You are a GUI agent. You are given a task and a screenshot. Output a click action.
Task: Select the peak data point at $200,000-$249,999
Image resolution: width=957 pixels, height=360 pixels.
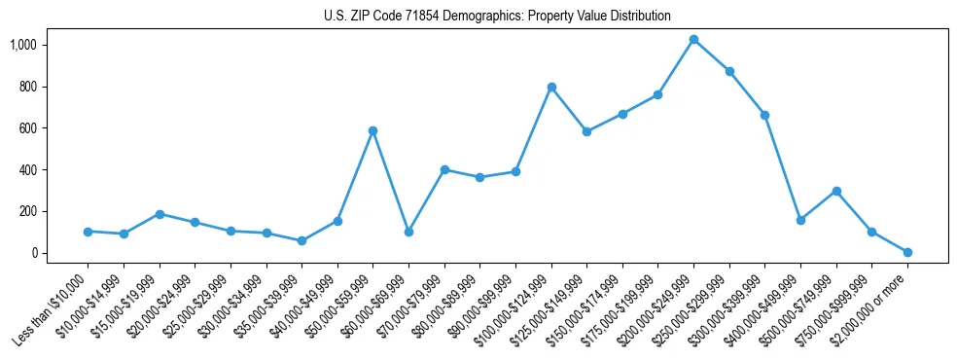693,40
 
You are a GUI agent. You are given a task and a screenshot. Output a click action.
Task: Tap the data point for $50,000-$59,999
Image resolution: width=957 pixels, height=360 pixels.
372,130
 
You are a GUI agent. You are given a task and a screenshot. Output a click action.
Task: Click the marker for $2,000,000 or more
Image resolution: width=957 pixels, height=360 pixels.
907,252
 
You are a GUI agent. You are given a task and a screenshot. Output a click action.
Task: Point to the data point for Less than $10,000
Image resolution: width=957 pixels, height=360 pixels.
88,232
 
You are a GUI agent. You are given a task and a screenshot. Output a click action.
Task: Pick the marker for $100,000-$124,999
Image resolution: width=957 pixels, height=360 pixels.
551,87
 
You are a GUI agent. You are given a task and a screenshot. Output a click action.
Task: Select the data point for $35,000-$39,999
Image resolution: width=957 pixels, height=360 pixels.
301,240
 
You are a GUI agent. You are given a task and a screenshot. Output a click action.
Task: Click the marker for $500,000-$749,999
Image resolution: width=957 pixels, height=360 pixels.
836,191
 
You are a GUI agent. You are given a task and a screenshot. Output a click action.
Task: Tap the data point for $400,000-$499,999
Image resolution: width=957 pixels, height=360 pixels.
800,220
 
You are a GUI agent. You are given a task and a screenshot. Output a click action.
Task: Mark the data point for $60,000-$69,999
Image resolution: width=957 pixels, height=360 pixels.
408,232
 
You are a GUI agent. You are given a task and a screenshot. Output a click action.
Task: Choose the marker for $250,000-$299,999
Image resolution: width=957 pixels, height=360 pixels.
729,71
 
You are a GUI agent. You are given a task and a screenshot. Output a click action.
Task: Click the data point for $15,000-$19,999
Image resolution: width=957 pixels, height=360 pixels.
159,214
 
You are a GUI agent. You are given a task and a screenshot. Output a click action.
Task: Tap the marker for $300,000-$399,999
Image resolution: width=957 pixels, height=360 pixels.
764,115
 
